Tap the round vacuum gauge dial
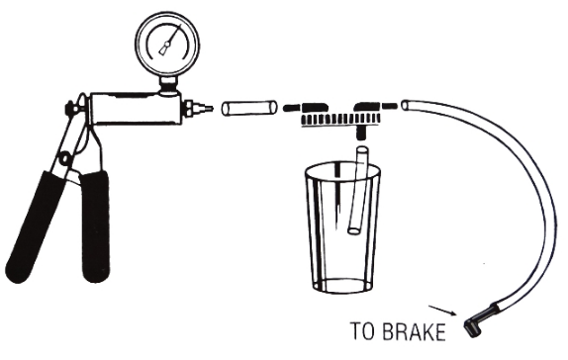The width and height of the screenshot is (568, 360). pyautogui.click(x=167, y=43)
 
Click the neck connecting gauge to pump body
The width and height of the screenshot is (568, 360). pyautogui.click(x=168, y=84)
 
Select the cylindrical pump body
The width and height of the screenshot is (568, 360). pyautogui.click(x=136, y=108)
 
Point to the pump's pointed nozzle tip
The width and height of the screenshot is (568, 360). pyautogui.click(x=210, y=108)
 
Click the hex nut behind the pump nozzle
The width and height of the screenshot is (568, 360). pyautogui.click(x=188, y=108)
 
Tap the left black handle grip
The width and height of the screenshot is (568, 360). pyautogui.click(x=36, y=226)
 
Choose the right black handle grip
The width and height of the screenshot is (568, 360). pyautogui.click(x=95, y=227)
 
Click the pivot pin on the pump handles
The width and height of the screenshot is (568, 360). pyautogui.click(x=66, y=158)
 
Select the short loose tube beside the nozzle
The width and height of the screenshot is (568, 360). pyautogui.click(x=249, y=108)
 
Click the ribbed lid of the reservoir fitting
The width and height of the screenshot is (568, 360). pyautogui.click(x=339, y=119)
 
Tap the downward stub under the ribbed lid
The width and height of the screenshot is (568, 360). pyautogui.click(x=362, y=133)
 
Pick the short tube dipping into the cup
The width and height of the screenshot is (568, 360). pyautogui.click(x=358, y=190)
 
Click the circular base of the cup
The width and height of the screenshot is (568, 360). pyautogui.click(x=342, y=285)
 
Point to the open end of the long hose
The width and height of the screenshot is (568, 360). pyautogui.click(x=406, y=106)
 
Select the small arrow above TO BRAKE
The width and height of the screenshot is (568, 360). pyautogui.click(x=442, y=311)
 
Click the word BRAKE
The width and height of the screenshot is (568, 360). pyautogui.click(x=414, y=331)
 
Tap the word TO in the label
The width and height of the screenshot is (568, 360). pyautogui.click(x=364, y=331)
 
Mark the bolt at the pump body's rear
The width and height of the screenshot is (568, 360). pyautogui.click(x=69, y=108)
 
